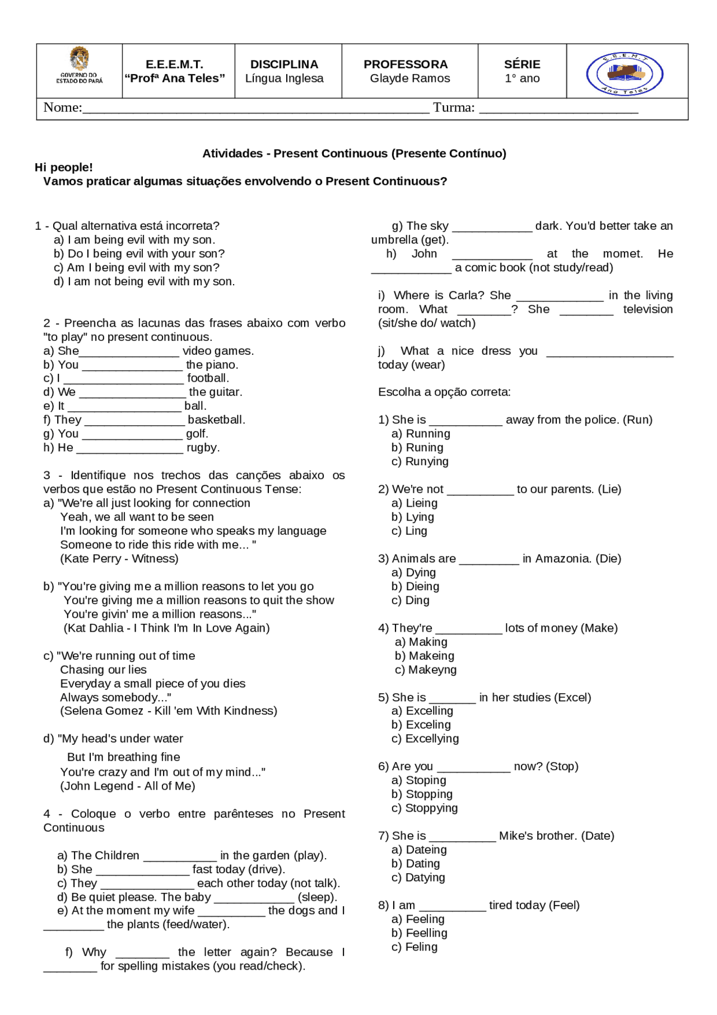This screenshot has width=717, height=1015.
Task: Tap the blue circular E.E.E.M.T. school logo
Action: (x=625, y=73)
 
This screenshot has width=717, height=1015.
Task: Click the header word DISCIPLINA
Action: (x=284, y=64)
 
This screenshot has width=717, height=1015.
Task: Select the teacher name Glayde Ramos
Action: (x=409, y=78)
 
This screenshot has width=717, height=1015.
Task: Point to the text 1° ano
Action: (x=522, y=78)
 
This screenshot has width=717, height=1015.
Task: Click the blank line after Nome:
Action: (x=255, y=109)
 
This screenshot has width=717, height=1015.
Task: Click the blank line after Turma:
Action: (x=558, y=109)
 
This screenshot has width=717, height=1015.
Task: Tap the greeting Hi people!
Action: (x=64, y=167)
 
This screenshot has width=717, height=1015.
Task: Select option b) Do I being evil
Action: (x=139, y=253)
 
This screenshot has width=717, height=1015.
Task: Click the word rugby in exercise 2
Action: (x=203, y=447)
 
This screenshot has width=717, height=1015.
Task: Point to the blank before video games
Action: (x=130, y=353)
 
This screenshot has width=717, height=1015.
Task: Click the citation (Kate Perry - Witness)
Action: (x=119, y=558)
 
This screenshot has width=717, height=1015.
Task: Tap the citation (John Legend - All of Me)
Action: (x=128, y=786)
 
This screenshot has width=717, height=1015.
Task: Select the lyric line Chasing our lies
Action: (x=104, y=669)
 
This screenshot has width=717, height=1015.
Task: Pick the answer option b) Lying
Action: (x=413, y=517)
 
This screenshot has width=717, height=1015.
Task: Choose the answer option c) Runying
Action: (x=420, y=461)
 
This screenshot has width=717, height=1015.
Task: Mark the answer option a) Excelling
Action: (x=422, y=711)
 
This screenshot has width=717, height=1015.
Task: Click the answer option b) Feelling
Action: (x=420, y=933)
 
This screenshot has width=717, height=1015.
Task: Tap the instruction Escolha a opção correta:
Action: (x=444, y=392)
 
